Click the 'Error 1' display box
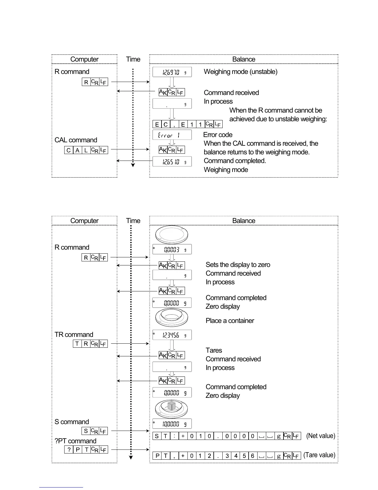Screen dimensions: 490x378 pos(172,135)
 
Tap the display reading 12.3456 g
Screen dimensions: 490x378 pos(172,335)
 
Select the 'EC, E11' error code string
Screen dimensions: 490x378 pos(187,124)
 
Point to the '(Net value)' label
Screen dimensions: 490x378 pos(321,436)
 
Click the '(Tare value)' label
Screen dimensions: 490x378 pos(319,455)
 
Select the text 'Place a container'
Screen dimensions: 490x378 pos(230,321)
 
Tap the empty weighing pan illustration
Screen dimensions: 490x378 pos(172,235)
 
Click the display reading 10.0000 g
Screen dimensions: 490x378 pos(172,424)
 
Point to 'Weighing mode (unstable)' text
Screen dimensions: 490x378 pos(241,72)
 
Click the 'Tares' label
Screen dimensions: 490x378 pos(214,350)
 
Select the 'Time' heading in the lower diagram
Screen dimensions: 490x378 pos(133,221)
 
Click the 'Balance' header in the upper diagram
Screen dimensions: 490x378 pos(244,59)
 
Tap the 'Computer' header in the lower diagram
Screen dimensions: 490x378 pos(84,221)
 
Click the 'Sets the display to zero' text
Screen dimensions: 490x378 pos(238,265)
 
